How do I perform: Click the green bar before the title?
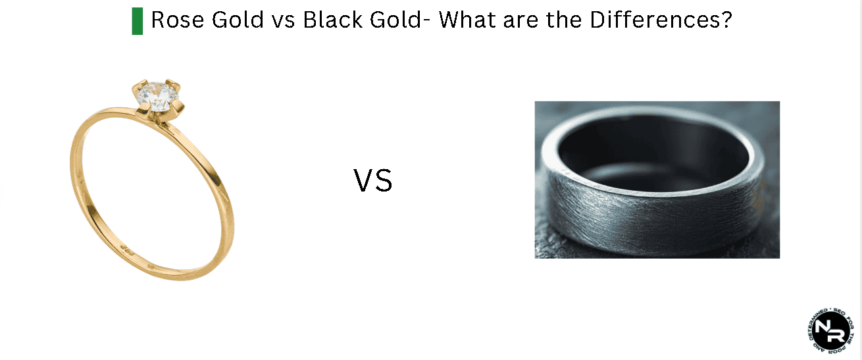point(137,21)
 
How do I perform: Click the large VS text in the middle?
point(373,181)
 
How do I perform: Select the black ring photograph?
point(657,179)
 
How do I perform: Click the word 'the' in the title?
point(564,20)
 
